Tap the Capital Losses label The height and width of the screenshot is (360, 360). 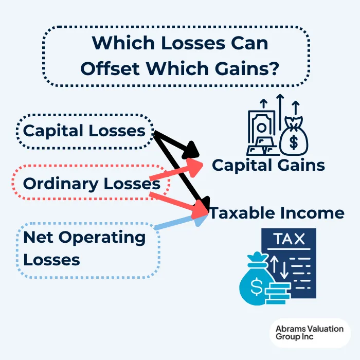point(84,131)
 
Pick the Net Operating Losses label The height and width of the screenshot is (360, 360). point(84,248)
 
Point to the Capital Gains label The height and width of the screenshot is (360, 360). point(268,165)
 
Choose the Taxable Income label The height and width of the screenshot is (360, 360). point(277,213)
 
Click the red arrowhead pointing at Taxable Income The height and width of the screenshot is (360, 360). point(199,209)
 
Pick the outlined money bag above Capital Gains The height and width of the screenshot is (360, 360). point(294,137)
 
